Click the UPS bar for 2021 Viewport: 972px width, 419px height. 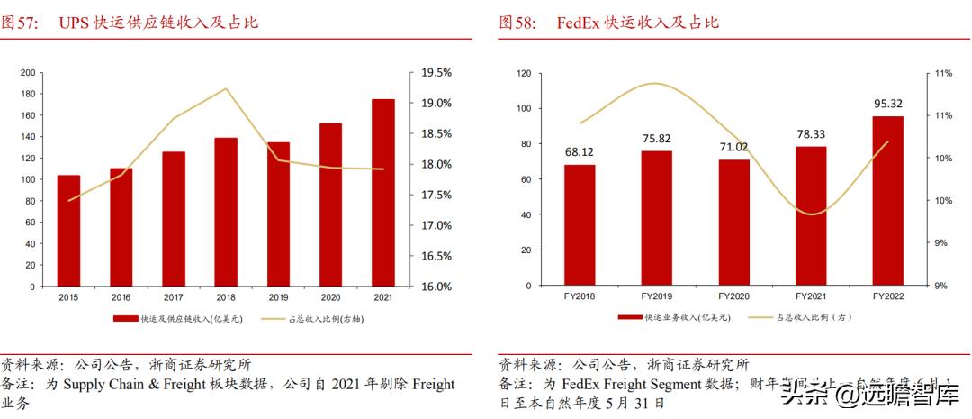pos(382,193)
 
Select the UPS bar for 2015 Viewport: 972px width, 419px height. pos(68,231)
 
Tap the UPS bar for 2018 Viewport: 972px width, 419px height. pos(226,212)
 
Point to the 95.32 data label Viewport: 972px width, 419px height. pos(887,104)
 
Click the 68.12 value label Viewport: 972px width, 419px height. pos(580,151)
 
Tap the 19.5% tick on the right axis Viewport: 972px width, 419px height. pos(436,73)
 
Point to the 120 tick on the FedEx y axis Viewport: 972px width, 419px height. pos(523,73)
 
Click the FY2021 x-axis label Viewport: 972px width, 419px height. pos(810,296)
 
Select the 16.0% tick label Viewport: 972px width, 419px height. pos(436,287)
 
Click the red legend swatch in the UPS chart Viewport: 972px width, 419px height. pos(125,318)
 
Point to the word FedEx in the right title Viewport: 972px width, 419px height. pos(578,23)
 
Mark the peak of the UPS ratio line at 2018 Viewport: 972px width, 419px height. pos(226,88)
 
